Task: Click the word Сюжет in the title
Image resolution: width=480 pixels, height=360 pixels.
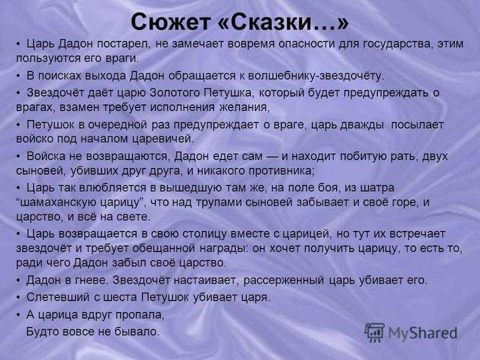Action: (171, 22)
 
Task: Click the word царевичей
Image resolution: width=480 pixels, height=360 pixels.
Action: (163, 139)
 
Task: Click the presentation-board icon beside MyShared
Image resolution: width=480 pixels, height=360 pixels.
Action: (374, 332)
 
